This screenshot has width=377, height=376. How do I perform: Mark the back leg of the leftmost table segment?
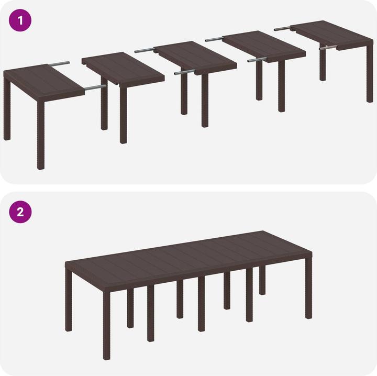tap(7, 115)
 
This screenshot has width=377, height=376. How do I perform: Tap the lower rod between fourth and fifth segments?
tap(328, 48)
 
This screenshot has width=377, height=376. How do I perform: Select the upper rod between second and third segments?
tap(145, 51)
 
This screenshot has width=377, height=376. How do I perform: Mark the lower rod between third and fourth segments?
tap(257, 60)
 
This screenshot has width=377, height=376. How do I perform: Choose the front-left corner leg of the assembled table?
tap(107, 325)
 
